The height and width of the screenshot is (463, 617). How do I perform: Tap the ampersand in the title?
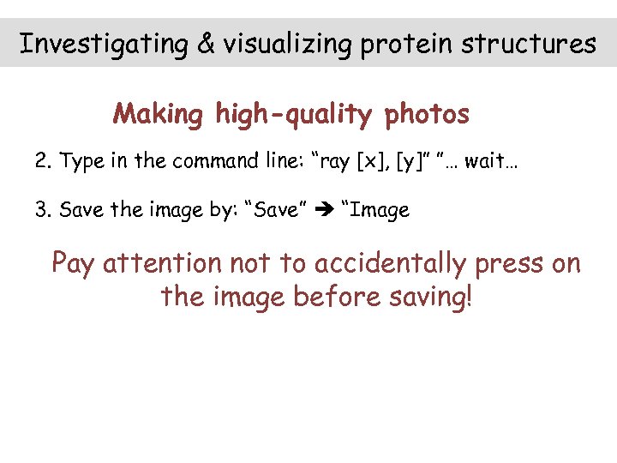click(206, 44)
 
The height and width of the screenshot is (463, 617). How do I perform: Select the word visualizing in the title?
click(287, 44)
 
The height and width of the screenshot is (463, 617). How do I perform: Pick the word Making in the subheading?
click(158, 114)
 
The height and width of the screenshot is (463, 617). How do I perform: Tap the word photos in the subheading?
click(427, 114)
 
